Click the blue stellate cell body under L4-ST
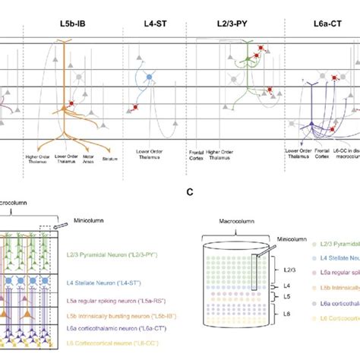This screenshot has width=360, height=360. pyautogui.click(x=149, y=77)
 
